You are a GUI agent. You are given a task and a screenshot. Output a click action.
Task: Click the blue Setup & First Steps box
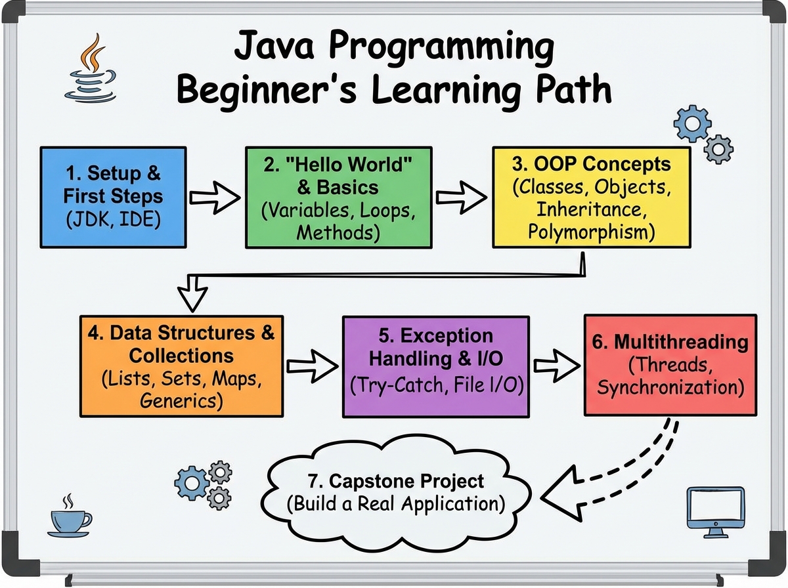(113, 197)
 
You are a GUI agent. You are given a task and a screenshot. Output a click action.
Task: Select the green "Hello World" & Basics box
(339, 197)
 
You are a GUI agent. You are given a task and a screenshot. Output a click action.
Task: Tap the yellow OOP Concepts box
(592, 197)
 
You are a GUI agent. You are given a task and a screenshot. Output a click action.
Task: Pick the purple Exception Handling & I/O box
(435, 366)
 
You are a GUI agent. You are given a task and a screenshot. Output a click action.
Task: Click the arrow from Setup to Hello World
(215, 196)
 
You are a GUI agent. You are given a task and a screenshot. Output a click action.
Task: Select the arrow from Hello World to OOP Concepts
(464, 196)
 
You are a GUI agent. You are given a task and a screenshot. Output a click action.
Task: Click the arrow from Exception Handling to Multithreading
(556, 366)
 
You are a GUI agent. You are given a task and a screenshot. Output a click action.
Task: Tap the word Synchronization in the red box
(670, 387)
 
